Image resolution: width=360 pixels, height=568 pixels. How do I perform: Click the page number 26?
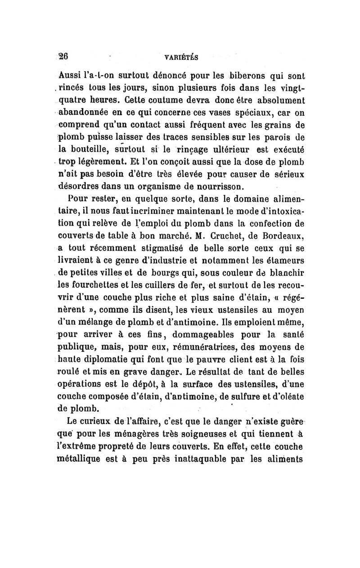pos(63,57)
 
